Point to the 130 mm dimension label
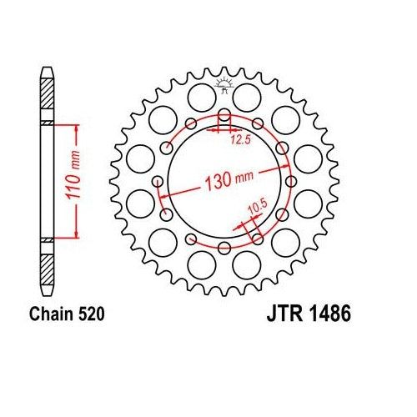(x=224, y=178)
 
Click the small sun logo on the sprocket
(x=224, y=83)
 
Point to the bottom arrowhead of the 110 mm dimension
(x=78, y=235)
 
